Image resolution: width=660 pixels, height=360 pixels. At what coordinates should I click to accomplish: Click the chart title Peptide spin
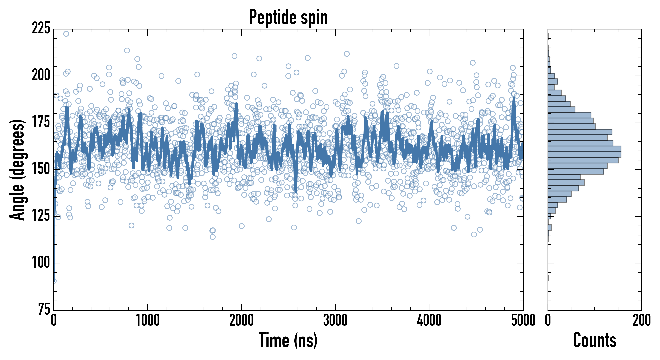click(288, 17)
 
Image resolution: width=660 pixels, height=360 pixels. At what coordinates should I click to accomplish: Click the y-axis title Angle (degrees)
click(17, 170)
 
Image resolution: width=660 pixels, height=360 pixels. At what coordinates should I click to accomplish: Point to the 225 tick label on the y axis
click(41, 28)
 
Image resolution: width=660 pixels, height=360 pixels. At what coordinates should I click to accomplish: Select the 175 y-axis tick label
click(41, 122)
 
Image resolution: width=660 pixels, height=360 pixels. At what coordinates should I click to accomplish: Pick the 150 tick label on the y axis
click(41, 169)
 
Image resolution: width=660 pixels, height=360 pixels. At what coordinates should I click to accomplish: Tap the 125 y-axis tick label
click(41, 216)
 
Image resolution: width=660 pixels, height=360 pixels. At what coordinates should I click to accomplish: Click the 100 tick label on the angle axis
click(41, 263)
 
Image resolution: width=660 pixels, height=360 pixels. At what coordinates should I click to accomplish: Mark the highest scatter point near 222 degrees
click(66, 34)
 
